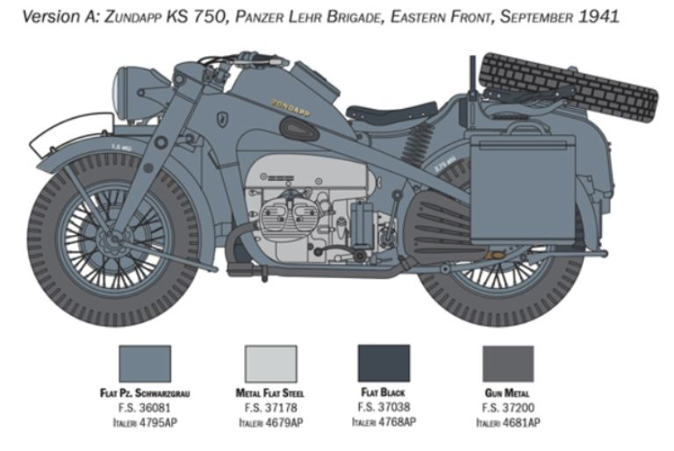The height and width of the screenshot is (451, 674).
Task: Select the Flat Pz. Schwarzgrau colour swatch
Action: (145, 363)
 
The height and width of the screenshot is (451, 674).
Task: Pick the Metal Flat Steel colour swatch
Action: (270, 363)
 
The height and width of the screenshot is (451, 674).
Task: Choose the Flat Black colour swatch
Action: (384, 363)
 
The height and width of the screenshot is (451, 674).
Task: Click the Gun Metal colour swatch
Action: (507, 363)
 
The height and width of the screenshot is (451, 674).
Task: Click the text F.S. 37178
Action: (270, 408)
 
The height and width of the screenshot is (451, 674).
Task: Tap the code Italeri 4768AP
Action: (384, 421)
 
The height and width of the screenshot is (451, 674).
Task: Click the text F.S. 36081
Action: (145, 408)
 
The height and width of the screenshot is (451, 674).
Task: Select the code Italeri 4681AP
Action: (507, 422)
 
